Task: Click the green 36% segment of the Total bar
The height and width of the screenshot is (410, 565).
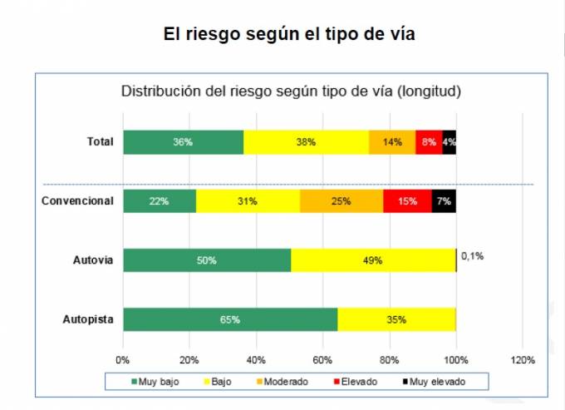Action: click(183, 142)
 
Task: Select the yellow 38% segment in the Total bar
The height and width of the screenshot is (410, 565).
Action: click(306, 142)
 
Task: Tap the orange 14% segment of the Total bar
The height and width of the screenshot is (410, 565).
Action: click(392, 142)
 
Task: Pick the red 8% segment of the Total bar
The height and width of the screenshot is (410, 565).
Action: click(429, 142)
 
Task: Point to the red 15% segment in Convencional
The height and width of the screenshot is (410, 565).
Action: click(407, 201)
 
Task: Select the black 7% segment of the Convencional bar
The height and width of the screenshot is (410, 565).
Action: click(444, 201)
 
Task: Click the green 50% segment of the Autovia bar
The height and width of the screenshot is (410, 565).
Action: click(207, 260)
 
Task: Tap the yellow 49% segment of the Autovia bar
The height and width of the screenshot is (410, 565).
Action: click(373, 260)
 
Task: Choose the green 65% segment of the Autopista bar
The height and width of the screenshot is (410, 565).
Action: click(230, 319)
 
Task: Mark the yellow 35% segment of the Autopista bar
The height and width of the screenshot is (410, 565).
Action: click(396, 319)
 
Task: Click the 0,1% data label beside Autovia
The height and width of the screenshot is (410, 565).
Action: click(472, 256)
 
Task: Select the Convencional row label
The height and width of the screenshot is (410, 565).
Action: click(76, 201)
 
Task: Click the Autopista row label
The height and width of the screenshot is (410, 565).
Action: click(87, 319)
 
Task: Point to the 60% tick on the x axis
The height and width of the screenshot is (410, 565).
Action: click(322, 359)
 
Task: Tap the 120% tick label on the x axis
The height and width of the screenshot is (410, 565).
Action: click(523, 359)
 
